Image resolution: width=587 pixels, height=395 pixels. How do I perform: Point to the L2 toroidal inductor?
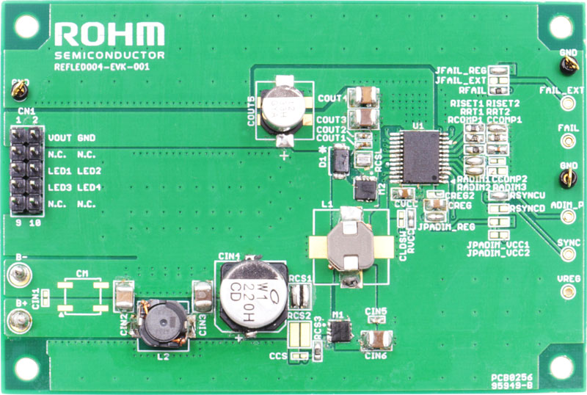coord(158,323)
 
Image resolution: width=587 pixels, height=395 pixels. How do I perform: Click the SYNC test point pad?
coord(567,256)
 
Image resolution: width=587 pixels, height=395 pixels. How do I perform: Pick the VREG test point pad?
coord(567,292)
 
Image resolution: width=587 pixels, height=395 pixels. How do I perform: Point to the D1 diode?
coord(340,161)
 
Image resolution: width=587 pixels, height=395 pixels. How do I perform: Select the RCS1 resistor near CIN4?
coord(299,295)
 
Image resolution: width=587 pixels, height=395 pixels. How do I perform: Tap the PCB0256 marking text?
coord(517,374)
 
